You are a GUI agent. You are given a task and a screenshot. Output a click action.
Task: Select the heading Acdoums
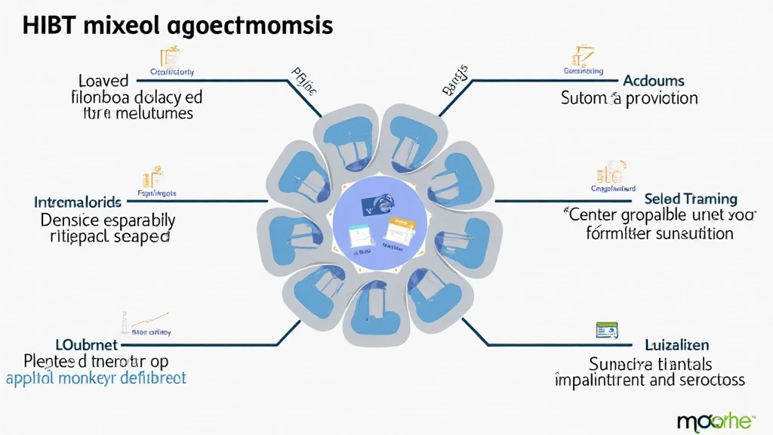coord(653,81)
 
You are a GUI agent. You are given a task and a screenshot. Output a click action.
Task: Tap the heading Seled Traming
coord(691,199)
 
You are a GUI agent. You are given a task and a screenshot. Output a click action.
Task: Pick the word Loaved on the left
coord(103,81)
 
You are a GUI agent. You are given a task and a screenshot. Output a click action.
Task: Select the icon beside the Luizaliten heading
coord(607,330)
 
